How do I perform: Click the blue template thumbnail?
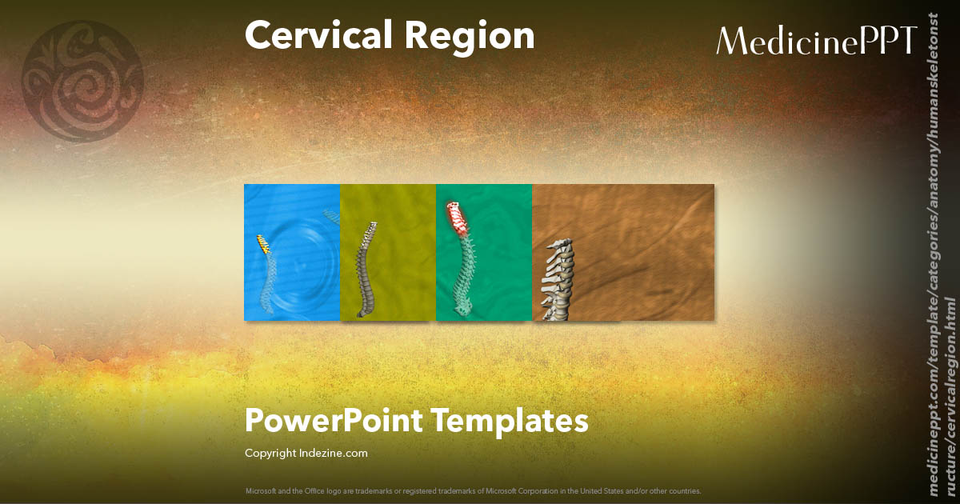pos(292,252)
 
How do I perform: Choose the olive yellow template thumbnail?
pos(388,252)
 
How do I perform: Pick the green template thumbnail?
pos(484,252)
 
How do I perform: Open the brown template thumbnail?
pos(624,252)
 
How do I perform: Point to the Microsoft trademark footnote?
pos(473,490)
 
